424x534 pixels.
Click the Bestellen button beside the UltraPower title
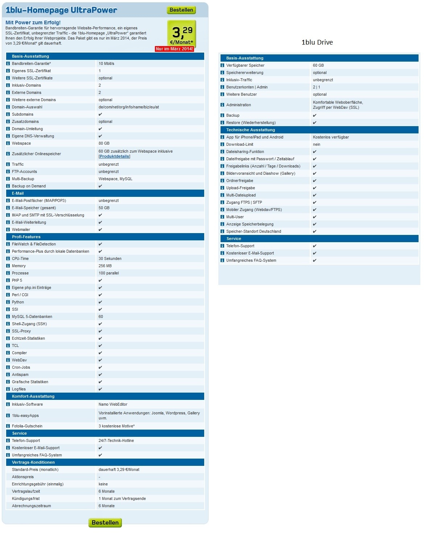point(181,10)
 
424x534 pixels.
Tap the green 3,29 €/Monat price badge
point(181,34)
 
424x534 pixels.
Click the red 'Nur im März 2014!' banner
point(174,49)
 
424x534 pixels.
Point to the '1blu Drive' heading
point(317,42)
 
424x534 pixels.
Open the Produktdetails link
point(114,157)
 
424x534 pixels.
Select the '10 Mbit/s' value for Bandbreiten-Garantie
point(106,64)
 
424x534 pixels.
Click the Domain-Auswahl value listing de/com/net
point(128,107)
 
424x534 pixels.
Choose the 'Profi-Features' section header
point(26,237)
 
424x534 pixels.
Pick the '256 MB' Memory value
point(105,266)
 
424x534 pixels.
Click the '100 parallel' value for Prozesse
point(108,273)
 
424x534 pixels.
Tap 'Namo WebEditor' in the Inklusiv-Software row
point(113,405)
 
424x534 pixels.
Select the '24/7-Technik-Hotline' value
point(116,441)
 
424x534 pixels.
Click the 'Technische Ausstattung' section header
point(251,130)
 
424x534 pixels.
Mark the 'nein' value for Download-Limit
point(317,145)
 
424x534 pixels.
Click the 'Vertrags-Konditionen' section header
point(33,463)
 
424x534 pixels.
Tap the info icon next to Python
point(8,302)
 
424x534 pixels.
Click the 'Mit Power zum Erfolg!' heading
point(33,22)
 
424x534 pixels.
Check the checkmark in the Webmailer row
point(100,230)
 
